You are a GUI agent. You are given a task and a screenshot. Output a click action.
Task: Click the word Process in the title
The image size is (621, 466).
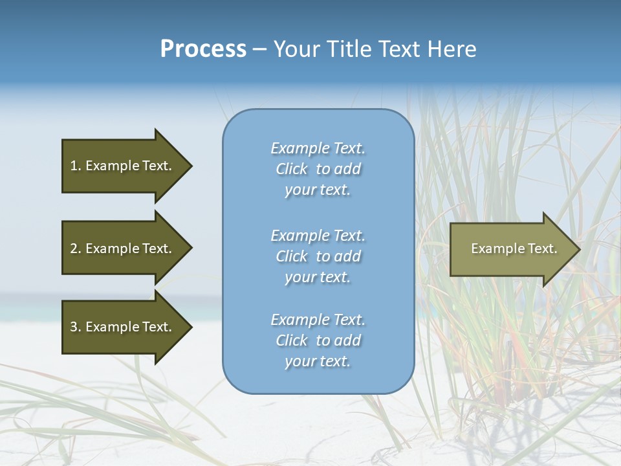coord(203,49)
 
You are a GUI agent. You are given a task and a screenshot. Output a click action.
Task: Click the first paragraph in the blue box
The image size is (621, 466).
coord(318,169)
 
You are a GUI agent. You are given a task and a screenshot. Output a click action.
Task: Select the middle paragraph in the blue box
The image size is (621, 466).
coord(318,256)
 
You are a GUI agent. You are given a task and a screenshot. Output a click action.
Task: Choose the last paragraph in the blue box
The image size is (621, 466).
coord(318,340)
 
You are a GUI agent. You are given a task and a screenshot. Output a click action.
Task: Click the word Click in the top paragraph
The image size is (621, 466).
coord(292,169)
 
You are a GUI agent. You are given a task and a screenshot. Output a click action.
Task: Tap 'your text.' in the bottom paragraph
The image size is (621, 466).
coord(318,361)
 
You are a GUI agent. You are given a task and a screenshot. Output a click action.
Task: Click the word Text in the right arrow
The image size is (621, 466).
coord(542,249)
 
